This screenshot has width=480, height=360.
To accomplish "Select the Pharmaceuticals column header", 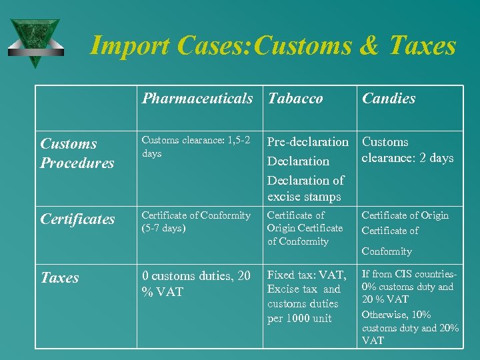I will [197, 99].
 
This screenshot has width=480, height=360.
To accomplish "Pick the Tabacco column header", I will [295, 99].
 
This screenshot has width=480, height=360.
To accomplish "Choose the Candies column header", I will [388, 99].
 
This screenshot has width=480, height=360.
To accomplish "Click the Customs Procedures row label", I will [77, 153].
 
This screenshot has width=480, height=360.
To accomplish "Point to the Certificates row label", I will [77, 219].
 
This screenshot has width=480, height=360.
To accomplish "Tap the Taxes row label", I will [59, 277].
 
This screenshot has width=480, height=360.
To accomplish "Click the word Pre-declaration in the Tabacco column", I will [307, 142].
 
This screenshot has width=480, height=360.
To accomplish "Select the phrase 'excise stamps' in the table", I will [304, 197].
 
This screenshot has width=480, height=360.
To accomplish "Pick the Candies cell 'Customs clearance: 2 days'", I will [407, 150].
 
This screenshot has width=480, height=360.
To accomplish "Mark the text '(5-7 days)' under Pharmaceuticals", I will [163, 228].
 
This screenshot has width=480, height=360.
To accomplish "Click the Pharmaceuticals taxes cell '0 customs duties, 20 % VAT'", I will [196, 283].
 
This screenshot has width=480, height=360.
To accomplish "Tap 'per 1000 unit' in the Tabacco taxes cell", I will [299, 318].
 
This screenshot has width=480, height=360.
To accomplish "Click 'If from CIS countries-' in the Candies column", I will [409, 274].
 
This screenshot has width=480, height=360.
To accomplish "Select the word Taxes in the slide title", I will [423, 45].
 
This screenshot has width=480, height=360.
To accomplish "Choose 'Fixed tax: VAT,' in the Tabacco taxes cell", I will [307, 275].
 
